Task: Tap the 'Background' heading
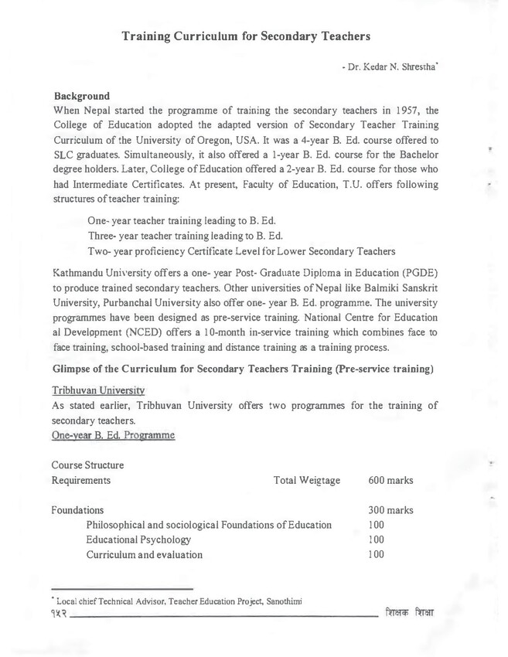tap(83, 96)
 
